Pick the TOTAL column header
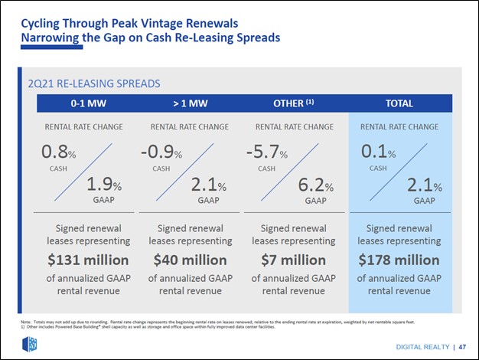(399, 103)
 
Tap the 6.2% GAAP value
(316, 185)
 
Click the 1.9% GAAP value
(105, 185)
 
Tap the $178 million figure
(399, 260)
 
